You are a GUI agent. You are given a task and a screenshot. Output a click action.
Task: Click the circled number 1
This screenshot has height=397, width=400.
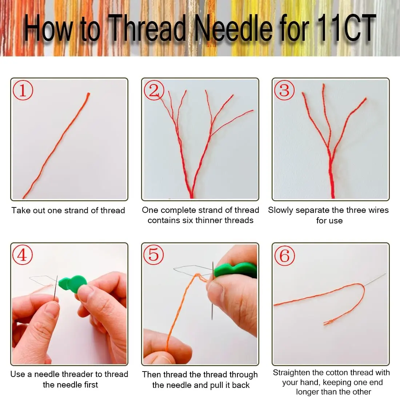23,90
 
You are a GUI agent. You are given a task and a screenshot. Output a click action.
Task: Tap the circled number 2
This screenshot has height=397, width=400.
154,90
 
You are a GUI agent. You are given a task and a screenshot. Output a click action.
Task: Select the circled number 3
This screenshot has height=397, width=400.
284,90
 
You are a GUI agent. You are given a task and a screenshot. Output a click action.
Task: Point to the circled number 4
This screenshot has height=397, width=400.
23,255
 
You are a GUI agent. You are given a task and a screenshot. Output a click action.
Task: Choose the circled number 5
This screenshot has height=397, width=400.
153,255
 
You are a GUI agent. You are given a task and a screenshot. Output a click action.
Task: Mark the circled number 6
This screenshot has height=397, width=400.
285,255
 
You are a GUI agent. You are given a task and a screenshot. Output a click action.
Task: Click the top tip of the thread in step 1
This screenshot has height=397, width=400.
88,94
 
